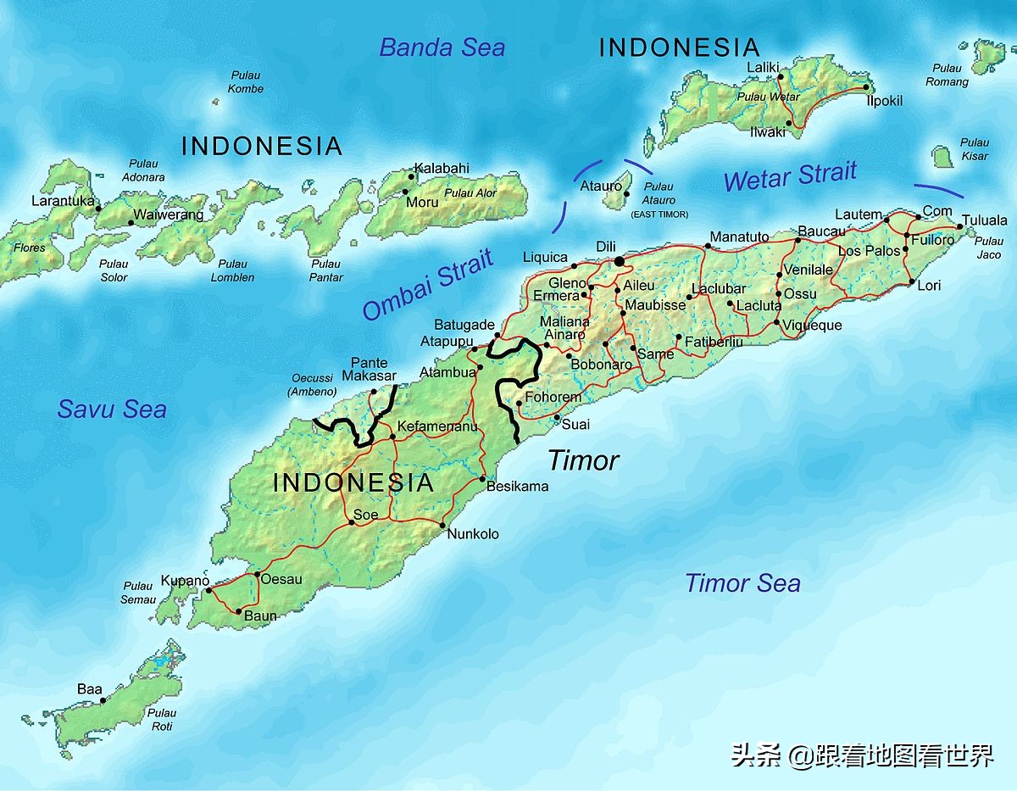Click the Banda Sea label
click(442, 47)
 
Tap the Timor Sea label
click(742, 583)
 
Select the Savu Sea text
click(112, 409)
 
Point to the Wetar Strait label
click(790, 177)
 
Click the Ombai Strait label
click(428, 286)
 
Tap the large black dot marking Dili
click(620, 261)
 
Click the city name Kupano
click(184, 581)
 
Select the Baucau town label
click(821, 231)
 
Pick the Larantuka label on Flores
click(62, 201)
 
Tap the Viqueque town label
click(812, 326)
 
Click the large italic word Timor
click(583, 461)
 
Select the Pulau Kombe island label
click(246, 82)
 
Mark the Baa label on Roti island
click(89, 689)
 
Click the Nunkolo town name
click(473, 534)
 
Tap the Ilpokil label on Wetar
click(884, 101)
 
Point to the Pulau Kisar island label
click(975, 149)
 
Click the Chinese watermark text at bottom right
click(863, 755)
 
